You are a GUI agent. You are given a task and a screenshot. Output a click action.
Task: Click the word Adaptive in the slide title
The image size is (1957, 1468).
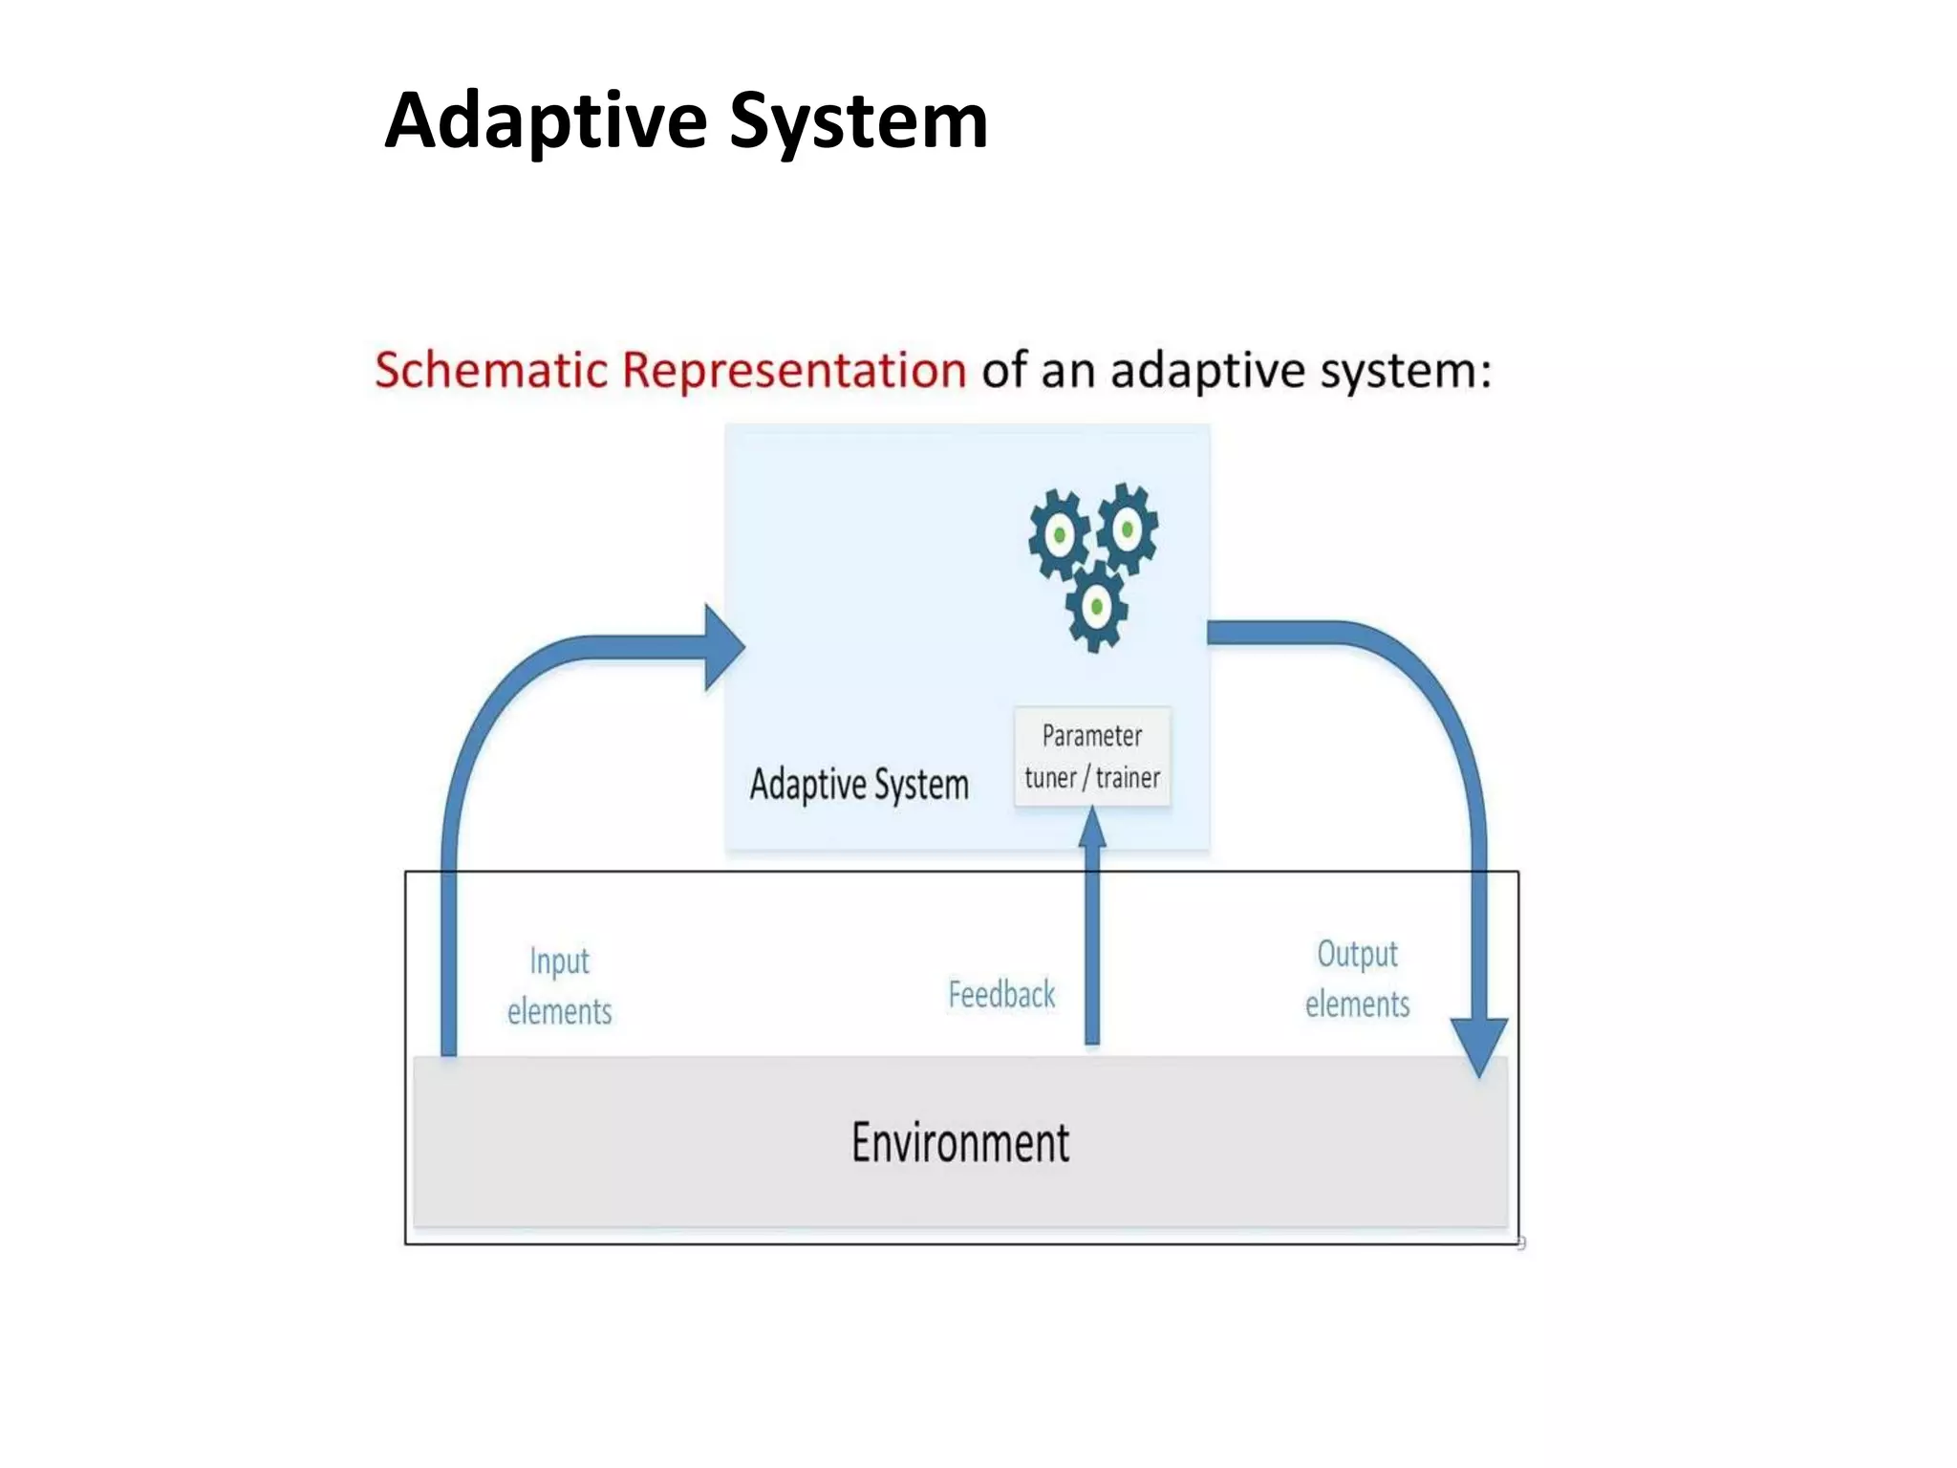tap(546, 121)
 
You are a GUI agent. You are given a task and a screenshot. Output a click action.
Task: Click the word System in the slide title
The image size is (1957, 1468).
tap(857, 121)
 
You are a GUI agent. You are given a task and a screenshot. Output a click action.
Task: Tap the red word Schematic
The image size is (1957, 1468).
tap(490, 370)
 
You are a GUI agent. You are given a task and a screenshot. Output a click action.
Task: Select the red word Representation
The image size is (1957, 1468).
tap(794, 370)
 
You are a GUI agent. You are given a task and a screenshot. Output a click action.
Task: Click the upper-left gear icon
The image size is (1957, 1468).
tap(1059, 535)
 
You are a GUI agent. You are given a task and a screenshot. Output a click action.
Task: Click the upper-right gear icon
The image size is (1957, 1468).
tap(1129, 528)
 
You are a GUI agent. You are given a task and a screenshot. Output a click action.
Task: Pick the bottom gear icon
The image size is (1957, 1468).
tap(1096, 607)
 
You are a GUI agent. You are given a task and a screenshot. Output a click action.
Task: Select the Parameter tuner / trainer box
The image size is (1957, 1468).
tap(1092, 756)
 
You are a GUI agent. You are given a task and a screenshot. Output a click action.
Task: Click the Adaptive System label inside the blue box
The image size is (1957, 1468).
tap(859, 785)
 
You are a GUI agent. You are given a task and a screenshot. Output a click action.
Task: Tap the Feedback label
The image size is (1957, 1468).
tap(1001, 995)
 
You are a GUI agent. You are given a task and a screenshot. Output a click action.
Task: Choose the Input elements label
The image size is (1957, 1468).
tap(559, 986)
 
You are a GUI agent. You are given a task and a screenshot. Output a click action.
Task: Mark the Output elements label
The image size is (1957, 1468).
tap(1357, 979)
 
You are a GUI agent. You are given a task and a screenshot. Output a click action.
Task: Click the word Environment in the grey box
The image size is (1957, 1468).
tap(960, 1143)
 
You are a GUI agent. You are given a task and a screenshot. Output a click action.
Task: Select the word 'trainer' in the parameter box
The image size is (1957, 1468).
tap(1128, 778)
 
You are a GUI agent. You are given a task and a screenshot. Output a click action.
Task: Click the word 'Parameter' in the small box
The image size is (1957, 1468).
tap(1092, 736)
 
